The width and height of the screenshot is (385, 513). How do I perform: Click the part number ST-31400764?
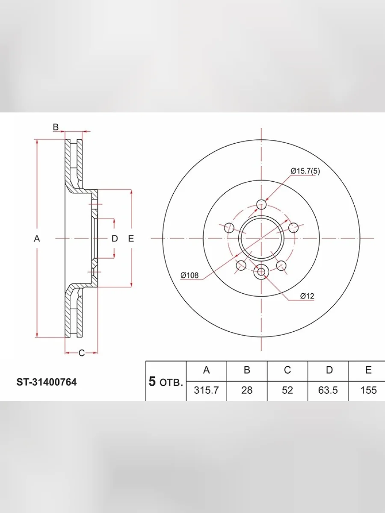coord(47,382)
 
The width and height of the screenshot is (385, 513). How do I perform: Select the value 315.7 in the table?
coord(206,390)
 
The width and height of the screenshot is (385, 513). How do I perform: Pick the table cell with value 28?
coord(247,390)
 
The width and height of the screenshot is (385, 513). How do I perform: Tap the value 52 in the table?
coord(287,390)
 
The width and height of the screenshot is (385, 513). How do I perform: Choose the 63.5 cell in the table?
coord(328,390)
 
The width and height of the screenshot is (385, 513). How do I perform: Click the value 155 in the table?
coord(369,390)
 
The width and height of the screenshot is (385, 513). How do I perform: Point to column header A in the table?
coord(207,370)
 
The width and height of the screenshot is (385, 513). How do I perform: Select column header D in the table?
coord(329,370)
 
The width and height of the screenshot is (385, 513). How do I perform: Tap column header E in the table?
coord(368,370)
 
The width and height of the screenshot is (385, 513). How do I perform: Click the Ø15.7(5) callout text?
coord(305,171)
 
